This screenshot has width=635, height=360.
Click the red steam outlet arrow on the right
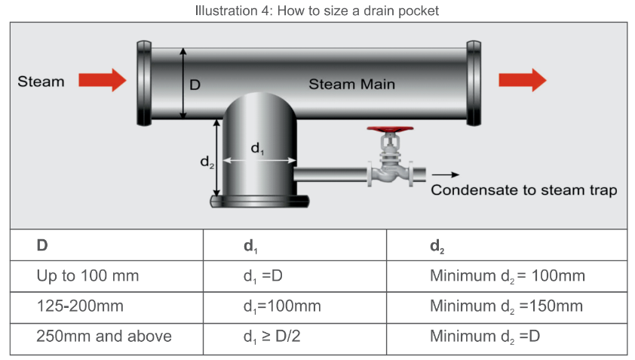click(x=523, y=80)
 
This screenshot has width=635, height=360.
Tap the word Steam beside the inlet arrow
click(x=41, y=82)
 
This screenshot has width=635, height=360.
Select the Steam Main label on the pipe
click(x=351, y=84)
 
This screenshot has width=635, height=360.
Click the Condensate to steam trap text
click(x=523, y=189)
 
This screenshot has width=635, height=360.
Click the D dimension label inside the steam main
click(x=194, y=85)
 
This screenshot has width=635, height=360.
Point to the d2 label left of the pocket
click(x=205, y=162)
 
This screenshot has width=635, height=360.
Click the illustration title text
click(x=317, y=11)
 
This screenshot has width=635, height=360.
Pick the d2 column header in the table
click(x=437, y=246)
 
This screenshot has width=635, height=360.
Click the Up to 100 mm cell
click(x=87, y=275)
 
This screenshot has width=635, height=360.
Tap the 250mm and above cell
click(x=103, y=336)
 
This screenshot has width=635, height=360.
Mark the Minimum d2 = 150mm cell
click(x=506, y=306)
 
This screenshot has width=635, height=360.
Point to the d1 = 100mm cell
click(x=277, y=306)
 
